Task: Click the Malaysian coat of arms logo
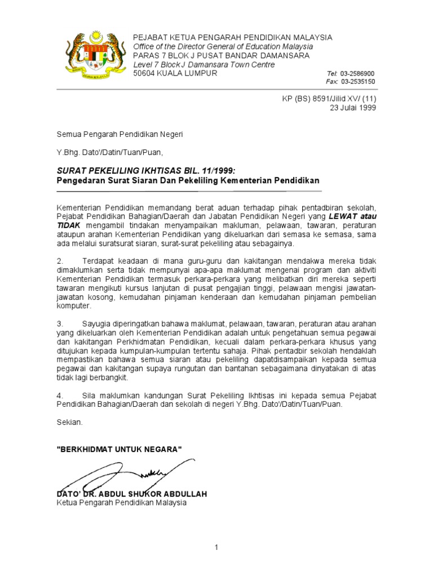tap(90, 56)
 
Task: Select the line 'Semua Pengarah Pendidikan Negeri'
tap(120, 135)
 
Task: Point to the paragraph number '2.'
tap(60, 261)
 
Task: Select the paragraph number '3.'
tap(60, 324)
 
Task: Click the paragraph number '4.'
tap(60, 396)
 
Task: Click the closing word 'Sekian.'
tap(69, 422)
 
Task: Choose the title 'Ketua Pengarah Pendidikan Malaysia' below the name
tap(121, 503)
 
